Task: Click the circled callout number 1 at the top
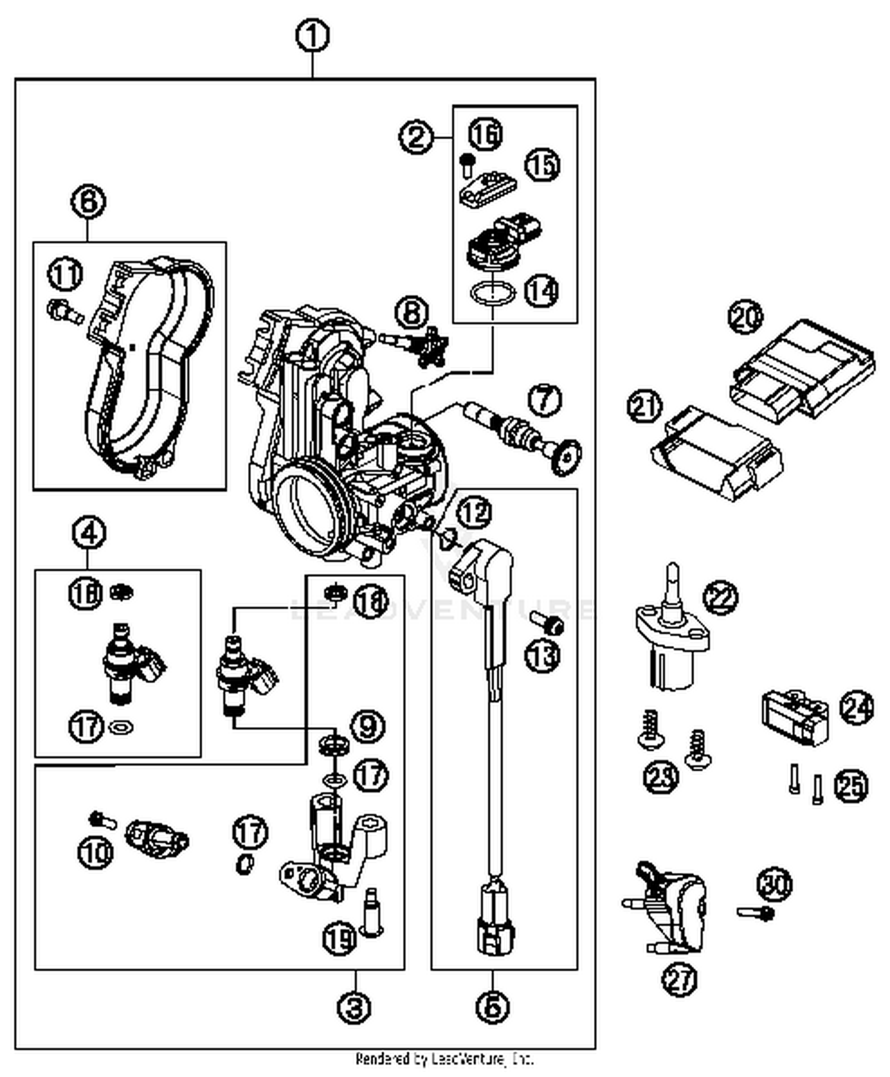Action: tap(313, 37)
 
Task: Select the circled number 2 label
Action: tap(416, 137)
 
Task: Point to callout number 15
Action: tap(542, 165)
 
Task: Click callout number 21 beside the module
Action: tap(644, 407)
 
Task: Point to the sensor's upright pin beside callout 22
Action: tap(672, 584)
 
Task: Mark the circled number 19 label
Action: tap(340, 938)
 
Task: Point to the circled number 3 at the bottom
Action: tap(354, 1006)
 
